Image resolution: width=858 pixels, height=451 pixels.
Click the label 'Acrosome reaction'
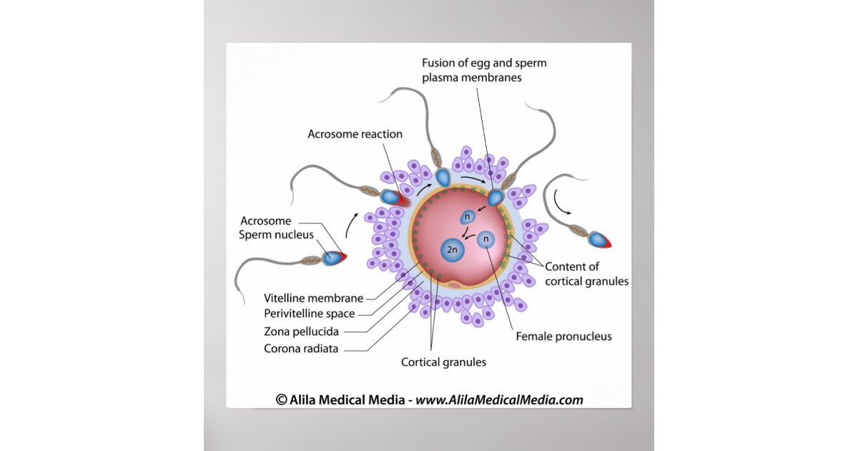[355, 134]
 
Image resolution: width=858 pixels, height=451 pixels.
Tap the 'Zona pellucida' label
[301, 331]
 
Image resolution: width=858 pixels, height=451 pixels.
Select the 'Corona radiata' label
[301, 349]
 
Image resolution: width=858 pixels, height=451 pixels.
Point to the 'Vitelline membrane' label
[313, 298]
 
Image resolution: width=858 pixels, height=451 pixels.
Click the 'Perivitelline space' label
[309, 314]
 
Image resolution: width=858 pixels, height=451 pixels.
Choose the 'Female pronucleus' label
[563, 336]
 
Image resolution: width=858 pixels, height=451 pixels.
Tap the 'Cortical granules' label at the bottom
[443, 362]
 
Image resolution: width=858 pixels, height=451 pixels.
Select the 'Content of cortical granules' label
[586, 274]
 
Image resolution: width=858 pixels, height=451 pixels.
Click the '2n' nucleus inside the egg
[452, 250]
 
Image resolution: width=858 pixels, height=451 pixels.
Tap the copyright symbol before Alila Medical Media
[281, 400]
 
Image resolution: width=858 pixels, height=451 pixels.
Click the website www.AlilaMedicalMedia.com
[499, 400]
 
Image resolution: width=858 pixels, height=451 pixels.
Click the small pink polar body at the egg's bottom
[455, 285]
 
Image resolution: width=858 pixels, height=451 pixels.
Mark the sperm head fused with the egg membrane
[496, 197]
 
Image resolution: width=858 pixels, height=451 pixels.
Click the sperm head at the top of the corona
[443, 177]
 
